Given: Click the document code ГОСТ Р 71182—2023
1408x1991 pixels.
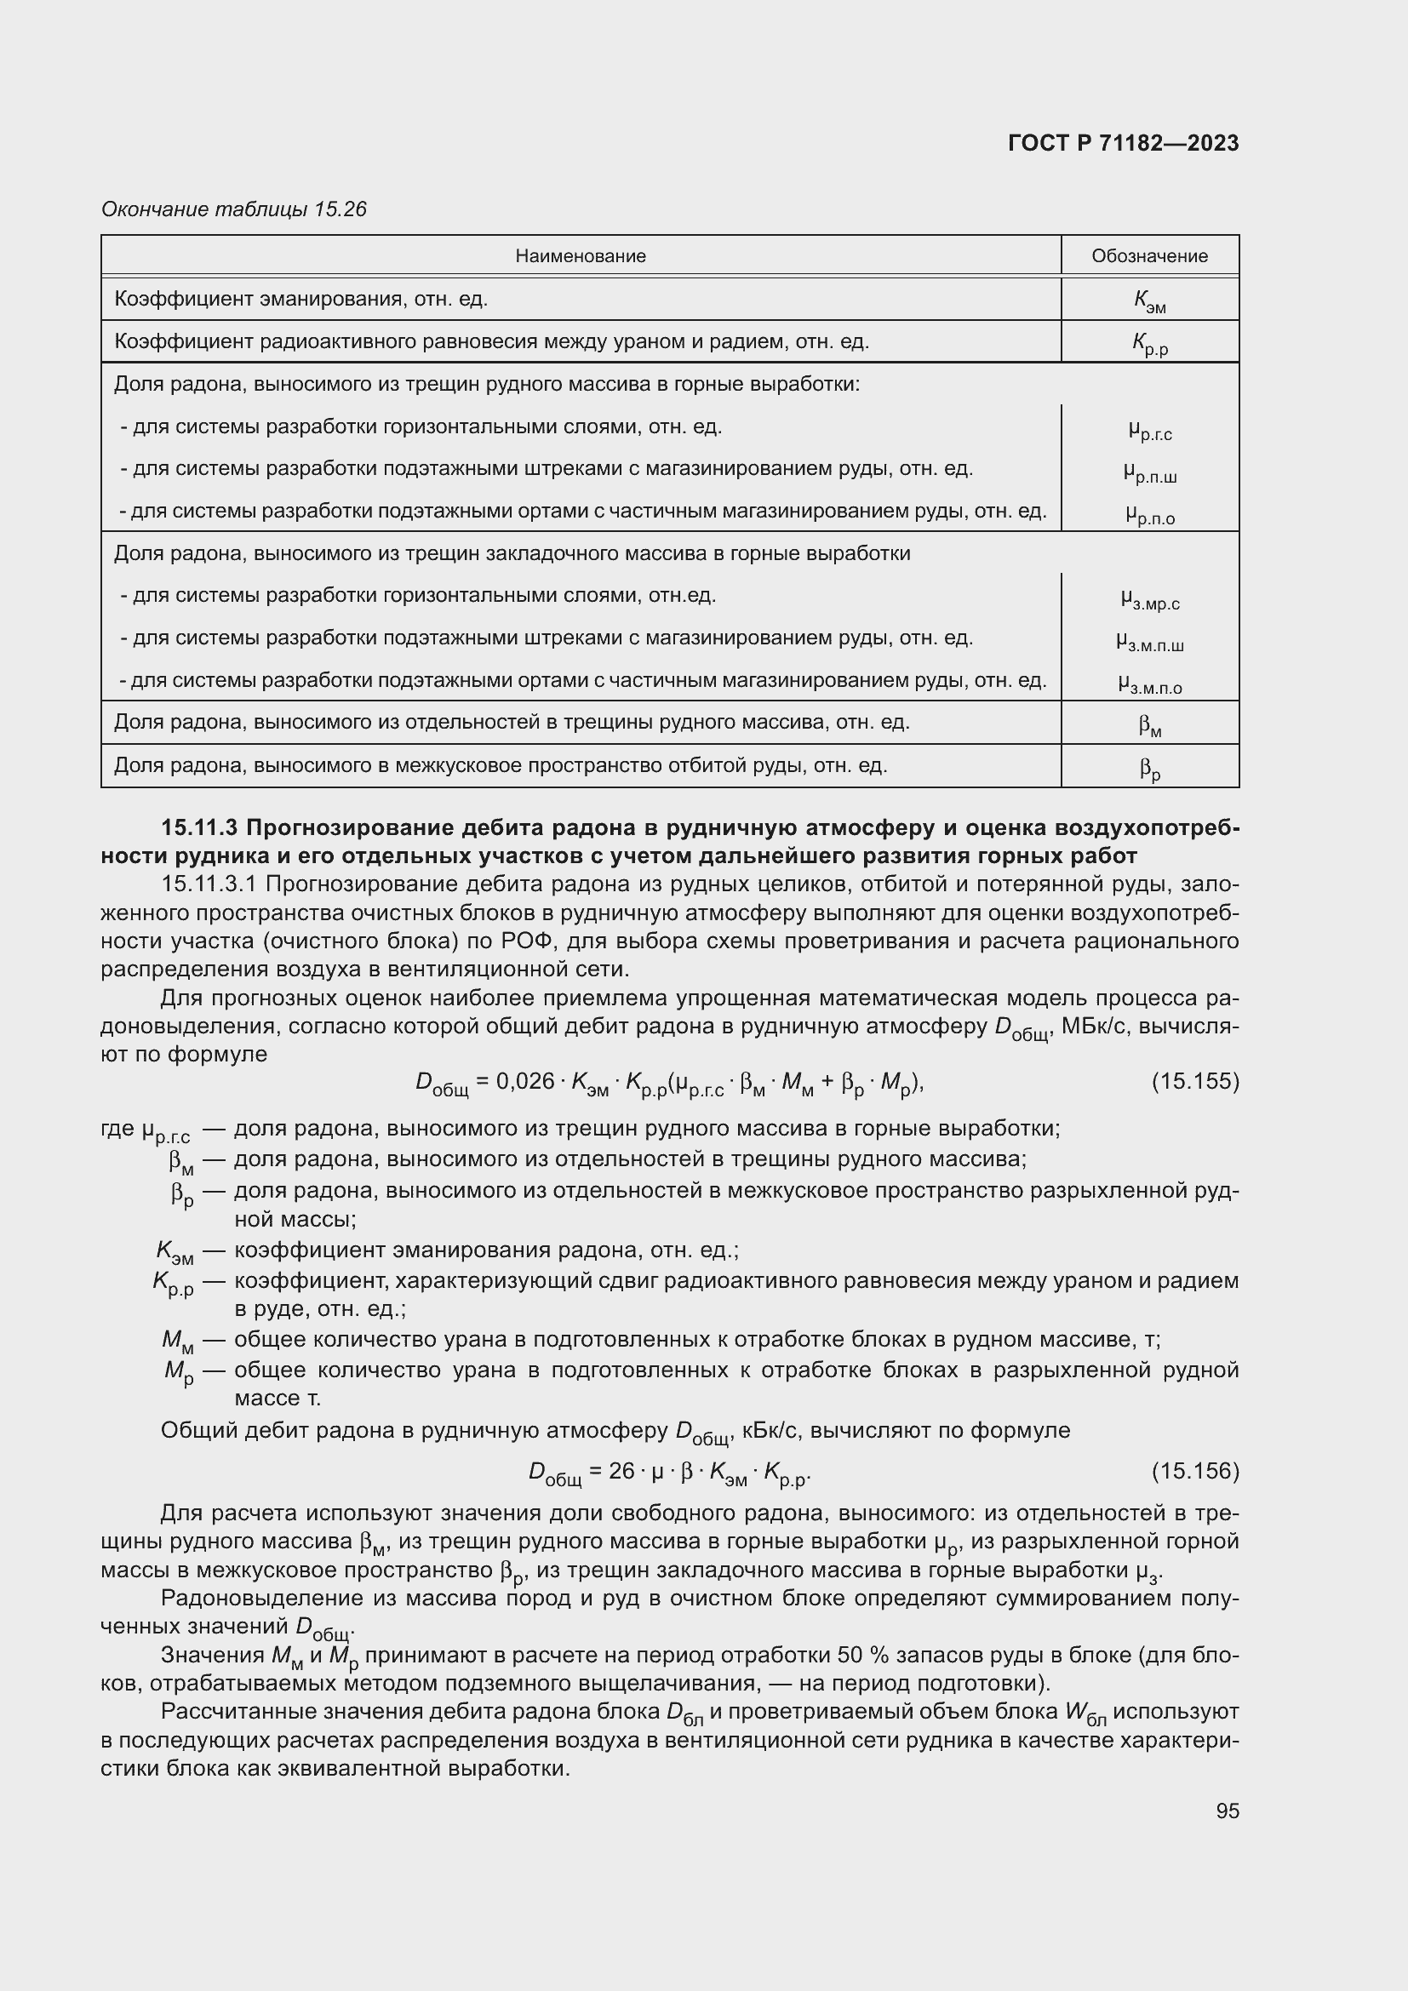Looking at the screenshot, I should pos(1124,143).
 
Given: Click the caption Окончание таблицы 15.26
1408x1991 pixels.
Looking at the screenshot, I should pos(234,209).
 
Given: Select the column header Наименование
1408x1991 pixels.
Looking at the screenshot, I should pos(580,256).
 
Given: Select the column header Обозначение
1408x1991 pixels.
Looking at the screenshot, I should pos(1148,256).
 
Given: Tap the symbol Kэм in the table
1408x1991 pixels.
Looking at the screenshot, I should pos(1148,300).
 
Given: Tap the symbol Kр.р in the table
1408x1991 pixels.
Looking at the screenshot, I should pos(1148,343).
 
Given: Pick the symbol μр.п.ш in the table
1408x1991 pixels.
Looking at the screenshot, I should pos(1148,472).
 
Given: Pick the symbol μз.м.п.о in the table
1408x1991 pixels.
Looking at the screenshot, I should pos(1148,685).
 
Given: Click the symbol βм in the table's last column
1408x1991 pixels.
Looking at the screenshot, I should pos(1148,725).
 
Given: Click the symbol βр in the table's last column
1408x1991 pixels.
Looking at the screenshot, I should pos(1148,768).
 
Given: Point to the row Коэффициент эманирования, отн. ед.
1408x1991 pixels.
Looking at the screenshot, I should pos(300,299).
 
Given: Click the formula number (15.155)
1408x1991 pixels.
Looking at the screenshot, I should pos(1194,1081).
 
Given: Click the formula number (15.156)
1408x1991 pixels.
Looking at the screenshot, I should pos(1194,1471).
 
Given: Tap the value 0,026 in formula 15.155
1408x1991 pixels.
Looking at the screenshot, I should pos(524,1081).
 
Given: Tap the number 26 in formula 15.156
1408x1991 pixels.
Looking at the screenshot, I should pos(621,1471).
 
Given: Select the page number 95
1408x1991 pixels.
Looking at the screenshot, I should pos(1227,1811).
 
